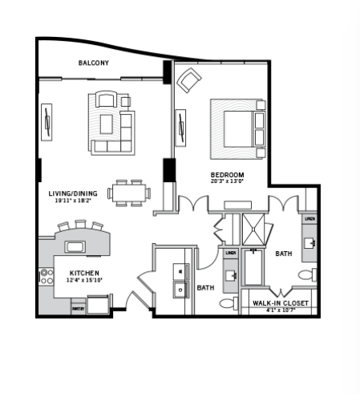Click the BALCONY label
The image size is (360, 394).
coord(93,63)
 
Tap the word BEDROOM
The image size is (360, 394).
coord(227,174)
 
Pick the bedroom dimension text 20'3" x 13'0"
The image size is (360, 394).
coord(227,181)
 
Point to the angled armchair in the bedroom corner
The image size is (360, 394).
coord(189,79)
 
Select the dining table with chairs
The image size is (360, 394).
coord(128,192)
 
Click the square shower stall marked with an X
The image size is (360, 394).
coord(254,228)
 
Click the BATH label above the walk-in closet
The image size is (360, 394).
coord(283,254)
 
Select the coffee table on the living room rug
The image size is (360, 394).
coord(106,123)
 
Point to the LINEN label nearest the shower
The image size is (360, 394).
coord(229,253)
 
